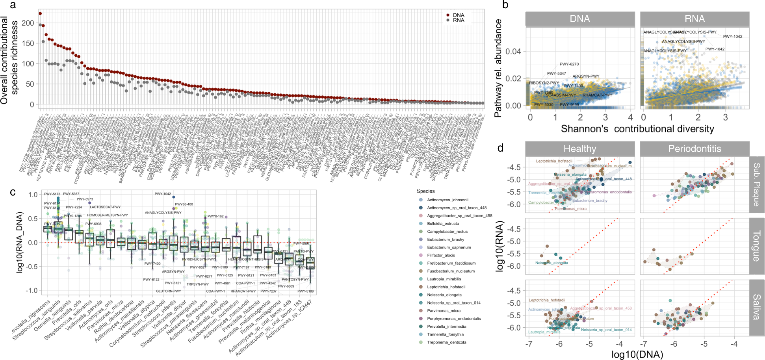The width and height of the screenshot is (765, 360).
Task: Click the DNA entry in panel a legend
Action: (x=458, y=15)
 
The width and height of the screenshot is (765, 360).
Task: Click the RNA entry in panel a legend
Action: (x=458, y=20)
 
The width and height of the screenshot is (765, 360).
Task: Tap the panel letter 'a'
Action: (x=13, y=5)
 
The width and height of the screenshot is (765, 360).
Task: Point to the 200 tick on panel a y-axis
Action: (x=28, y=23)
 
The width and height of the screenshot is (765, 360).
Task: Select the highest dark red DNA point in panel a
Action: (x=40, y=13)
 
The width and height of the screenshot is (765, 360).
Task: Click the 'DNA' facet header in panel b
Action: (x=579, y=19)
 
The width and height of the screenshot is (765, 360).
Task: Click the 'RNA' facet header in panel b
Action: (x=694, y=19)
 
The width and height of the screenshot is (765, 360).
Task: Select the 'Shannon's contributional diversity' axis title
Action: (x=637, y=129)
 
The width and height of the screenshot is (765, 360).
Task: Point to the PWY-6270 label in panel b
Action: (x=569, y=64)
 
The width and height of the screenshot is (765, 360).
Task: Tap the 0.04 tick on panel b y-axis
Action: (x=513, y=51)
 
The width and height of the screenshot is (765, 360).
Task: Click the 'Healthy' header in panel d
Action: (x=579, y=148)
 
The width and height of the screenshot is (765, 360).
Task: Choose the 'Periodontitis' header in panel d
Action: (x=694, y=148)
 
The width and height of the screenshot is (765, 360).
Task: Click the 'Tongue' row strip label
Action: (x=756, y=246)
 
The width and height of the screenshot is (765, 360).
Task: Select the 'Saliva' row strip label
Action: (x=756, y=307)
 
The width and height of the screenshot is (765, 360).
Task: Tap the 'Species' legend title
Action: (x=425, y=191)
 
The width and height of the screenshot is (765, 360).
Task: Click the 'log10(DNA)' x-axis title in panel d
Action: (x=637, y=354)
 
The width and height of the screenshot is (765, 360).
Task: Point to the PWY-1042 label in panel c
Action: (x=163, y=194)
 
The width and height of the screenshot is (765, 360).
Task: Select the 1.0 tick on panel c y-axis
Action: (x=33, y=195)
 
